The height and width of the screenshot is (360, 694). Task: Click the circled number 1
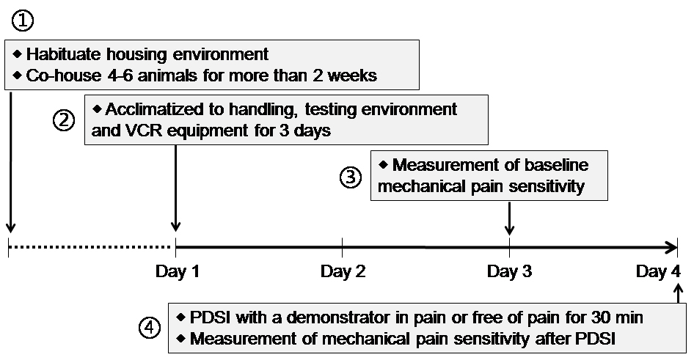click(22, 20)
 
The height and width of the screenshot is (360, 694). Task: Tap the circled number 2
click(64, 120)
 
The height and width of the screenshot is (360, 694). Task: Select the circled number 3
click(351, 177)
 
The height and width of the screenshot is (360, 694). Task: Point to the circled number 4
click(150, 328)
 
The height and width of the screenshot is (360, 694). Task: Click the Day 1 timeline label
click(177, 271)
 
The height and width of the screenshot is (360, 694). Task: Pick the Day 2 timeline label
click(343, 271)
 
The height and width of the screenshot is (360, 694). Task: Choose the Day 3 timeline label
click(509, 271)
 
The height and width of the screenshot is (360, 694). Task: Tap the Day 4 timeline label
click(658, 271)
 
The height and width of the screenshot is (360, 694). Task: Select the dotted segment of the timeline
click(90, 247)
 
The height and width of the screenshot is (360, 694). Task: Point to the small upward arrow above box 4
click(679, 294)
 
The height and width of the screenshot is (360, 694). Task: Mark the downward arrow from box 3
click(509, 218)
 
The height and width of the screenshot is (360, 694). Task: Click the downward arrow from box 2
click(176, 188)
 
